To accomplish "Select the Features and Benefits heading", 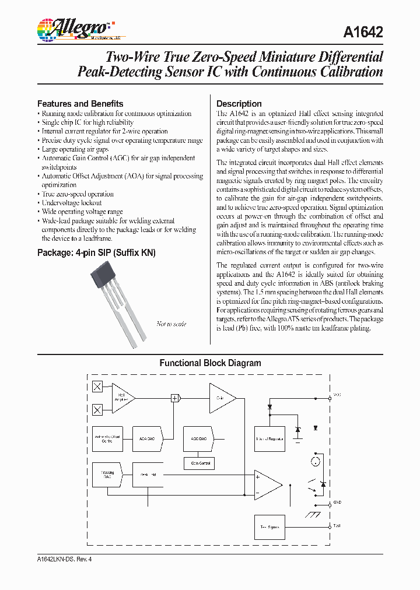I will [80, 103].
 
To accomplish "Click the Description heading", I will [239, 103].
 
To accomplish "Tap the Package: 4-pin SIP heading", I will [96, 253].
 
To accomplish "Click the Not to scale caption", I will [171, 324].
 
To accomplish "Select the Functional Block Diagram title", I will [211, 363].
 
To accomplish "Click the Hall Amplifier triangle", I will [121, 398].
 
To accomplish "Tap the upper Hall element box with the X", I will [98, 387].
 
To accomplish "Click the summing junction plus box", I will [174, 398].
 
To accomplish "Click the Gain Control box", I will [199, 463].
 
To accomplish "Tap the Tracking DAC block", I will [106, 475].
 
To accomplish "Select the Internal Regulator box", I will [269, 438].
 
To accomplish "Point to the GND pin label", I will [337, 503].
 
